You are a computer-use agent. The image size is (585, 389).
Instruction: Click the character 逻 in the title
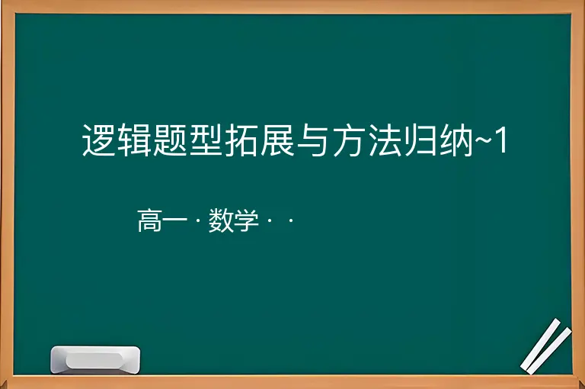(98, 140)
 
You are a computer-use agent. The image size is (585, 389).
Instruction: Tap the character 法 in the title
(385, 140)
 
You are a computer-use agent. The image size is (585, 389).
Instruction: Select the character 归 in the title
(420, 140)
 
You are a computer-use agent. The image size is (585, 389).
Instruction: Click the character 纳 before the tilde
(456, 140)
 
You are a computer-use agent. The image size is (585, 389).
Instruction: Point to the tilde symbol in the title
(483, 142)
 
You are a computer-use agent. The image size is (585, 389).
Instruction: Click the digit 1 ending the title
(501, 140)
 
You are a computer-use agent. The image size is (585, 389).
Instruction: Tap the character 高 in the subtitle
(149, 220)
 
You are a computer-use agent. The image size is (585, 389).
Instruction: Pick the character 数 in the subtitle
(221, 220)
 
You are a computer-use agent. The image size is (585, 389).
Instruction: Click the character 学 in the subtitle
(247, 220)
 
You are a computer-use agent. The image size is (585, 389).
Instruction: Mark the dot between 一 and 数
(198, 220)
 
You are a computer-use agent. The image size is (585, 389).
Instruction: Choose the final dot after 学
(291, 220)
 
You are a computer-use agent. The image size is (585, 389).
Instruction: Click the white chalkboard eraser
(95, 360)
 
